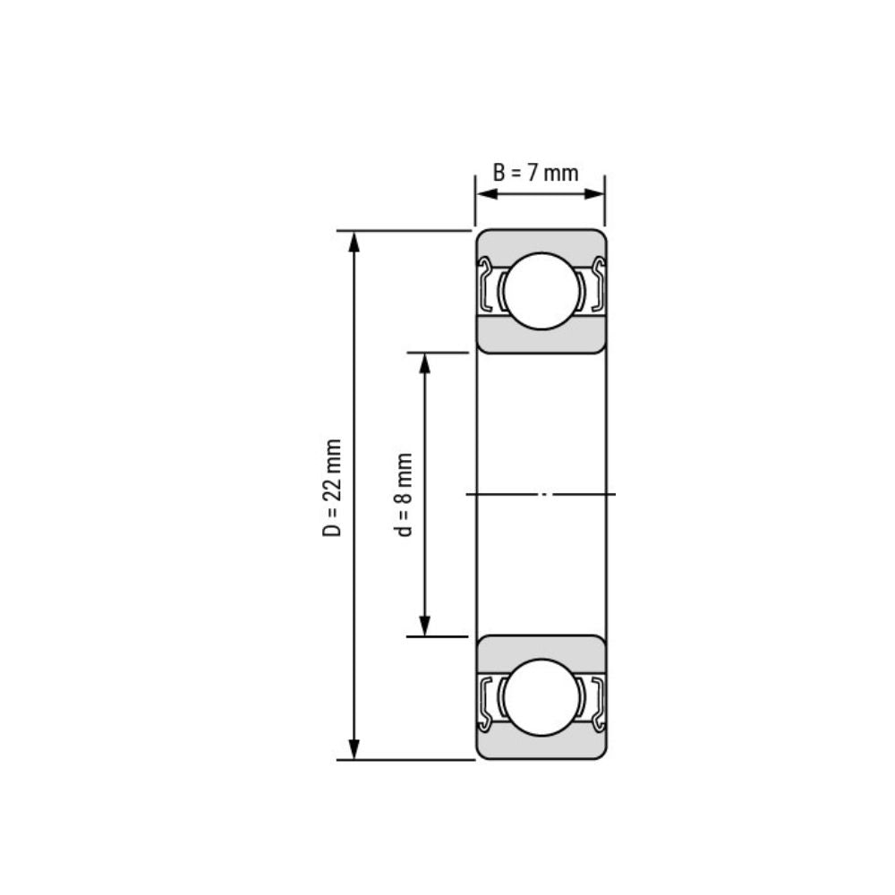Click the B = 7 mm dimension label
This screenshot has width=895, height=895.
(535, 173)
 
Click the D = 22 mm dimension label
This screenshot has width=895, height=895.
(333, 488)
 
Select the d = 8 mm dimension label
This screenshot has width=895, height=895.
(405, 494)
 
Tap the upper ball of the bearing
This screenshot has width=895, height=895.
(541, 291)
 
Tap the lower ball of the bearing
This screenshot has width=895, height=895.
(541, 697)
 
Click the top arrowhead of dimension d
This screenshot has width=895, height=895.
(425, 362)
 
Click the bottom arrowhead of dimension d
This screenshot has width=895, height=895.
(425, 626)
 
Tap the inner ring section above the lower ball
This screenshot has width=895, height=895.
(541, 648)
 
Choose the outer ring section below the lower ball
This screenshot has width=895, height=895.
(541, 748)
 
